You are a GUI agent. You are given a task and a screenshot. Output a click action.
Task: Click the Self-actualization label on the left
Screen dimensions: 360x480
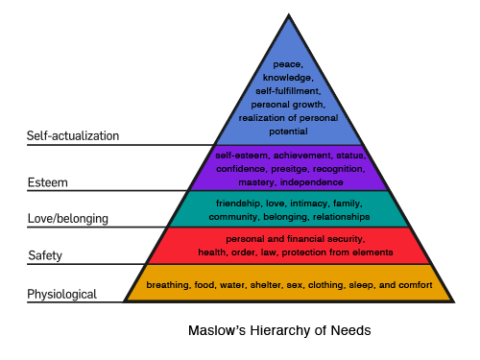73,136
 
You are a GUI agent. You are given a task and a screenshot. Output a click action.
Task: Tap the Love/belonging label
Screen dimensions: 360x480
67,219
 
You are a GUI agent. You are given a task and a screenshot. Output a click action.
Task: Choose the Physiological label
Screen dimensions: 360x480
62,294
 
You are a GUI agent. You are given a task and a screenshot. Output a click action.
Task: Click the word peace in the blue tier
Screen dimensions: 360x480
286,63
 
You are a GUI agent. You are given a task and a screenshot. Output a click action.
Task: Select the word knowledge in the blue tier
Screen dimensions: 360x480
288,76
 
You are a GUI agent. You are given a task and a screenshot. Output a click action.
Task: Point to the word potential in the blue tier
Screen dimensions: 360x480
289,130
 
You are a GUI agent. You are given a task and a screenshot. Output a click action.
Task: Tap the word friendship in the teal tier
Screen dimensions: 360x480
240,204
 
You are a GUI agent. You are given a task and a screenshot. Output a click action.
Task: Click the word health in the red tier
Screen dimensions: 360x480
212,252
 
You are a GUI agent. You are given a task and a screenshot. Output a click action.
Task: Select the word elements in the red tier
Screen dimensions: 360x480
370,252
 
